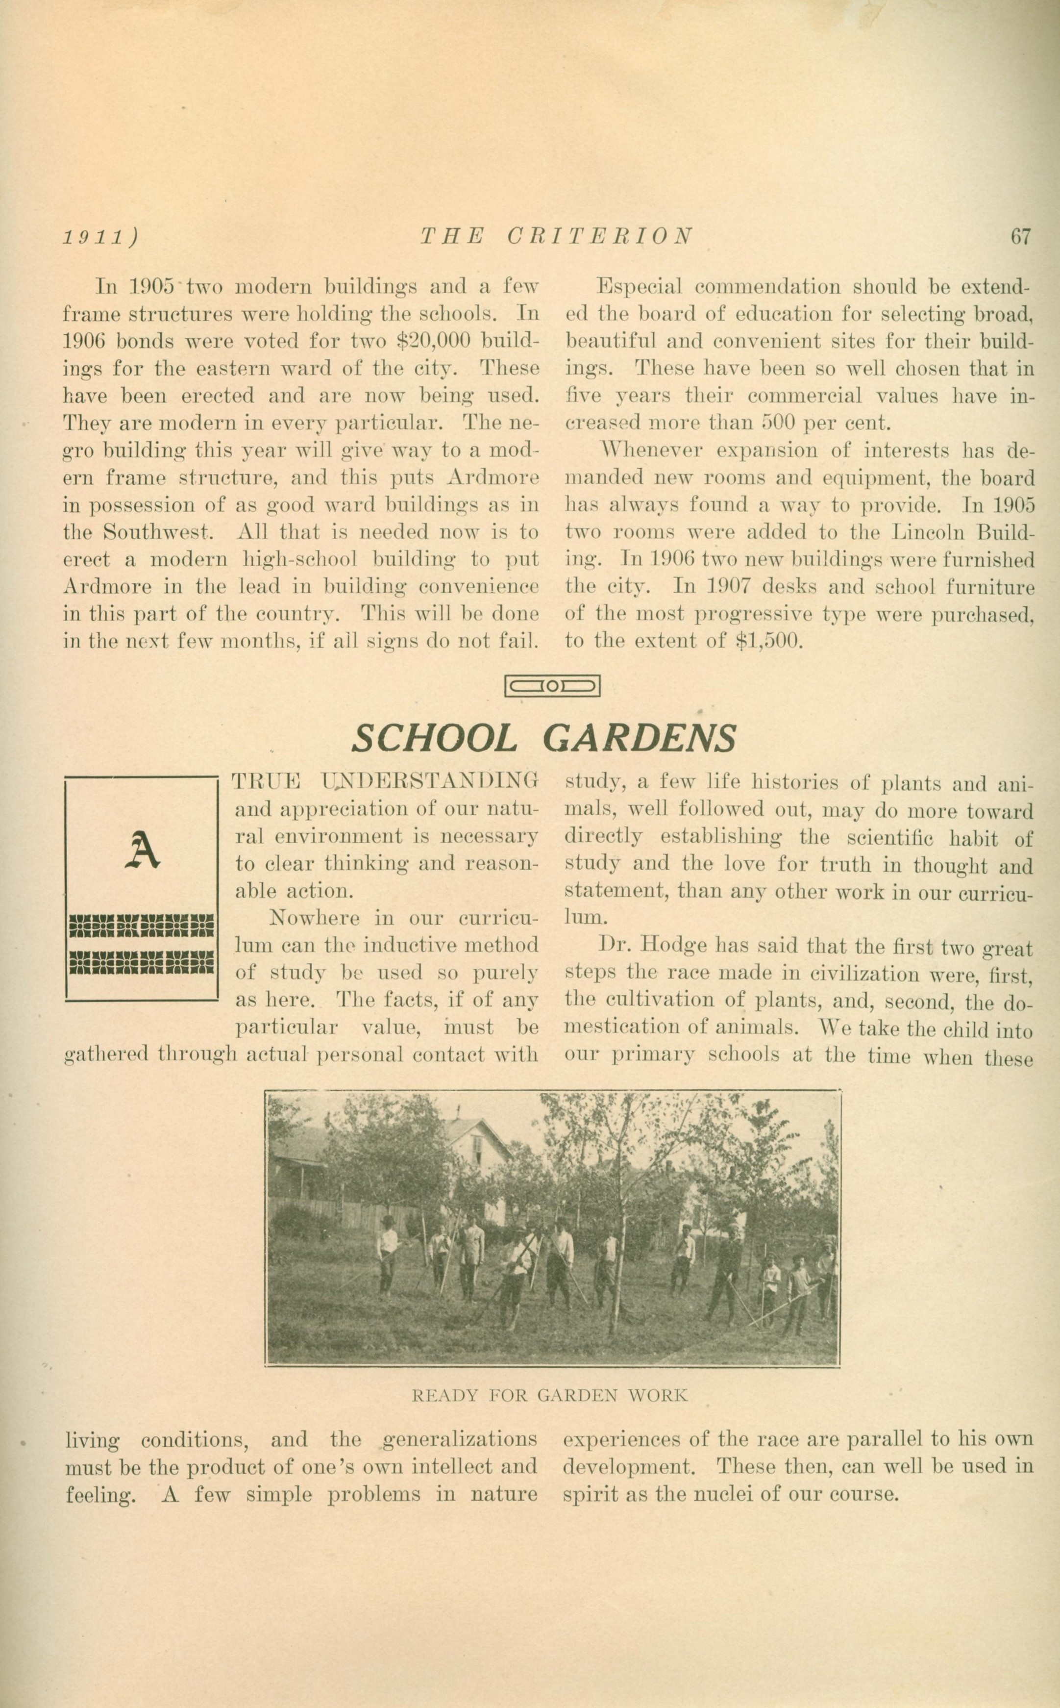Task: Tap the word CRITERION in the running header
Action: click(x=600, y=236)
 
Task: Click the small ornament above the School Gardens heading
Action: click(x=552, y=686)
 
